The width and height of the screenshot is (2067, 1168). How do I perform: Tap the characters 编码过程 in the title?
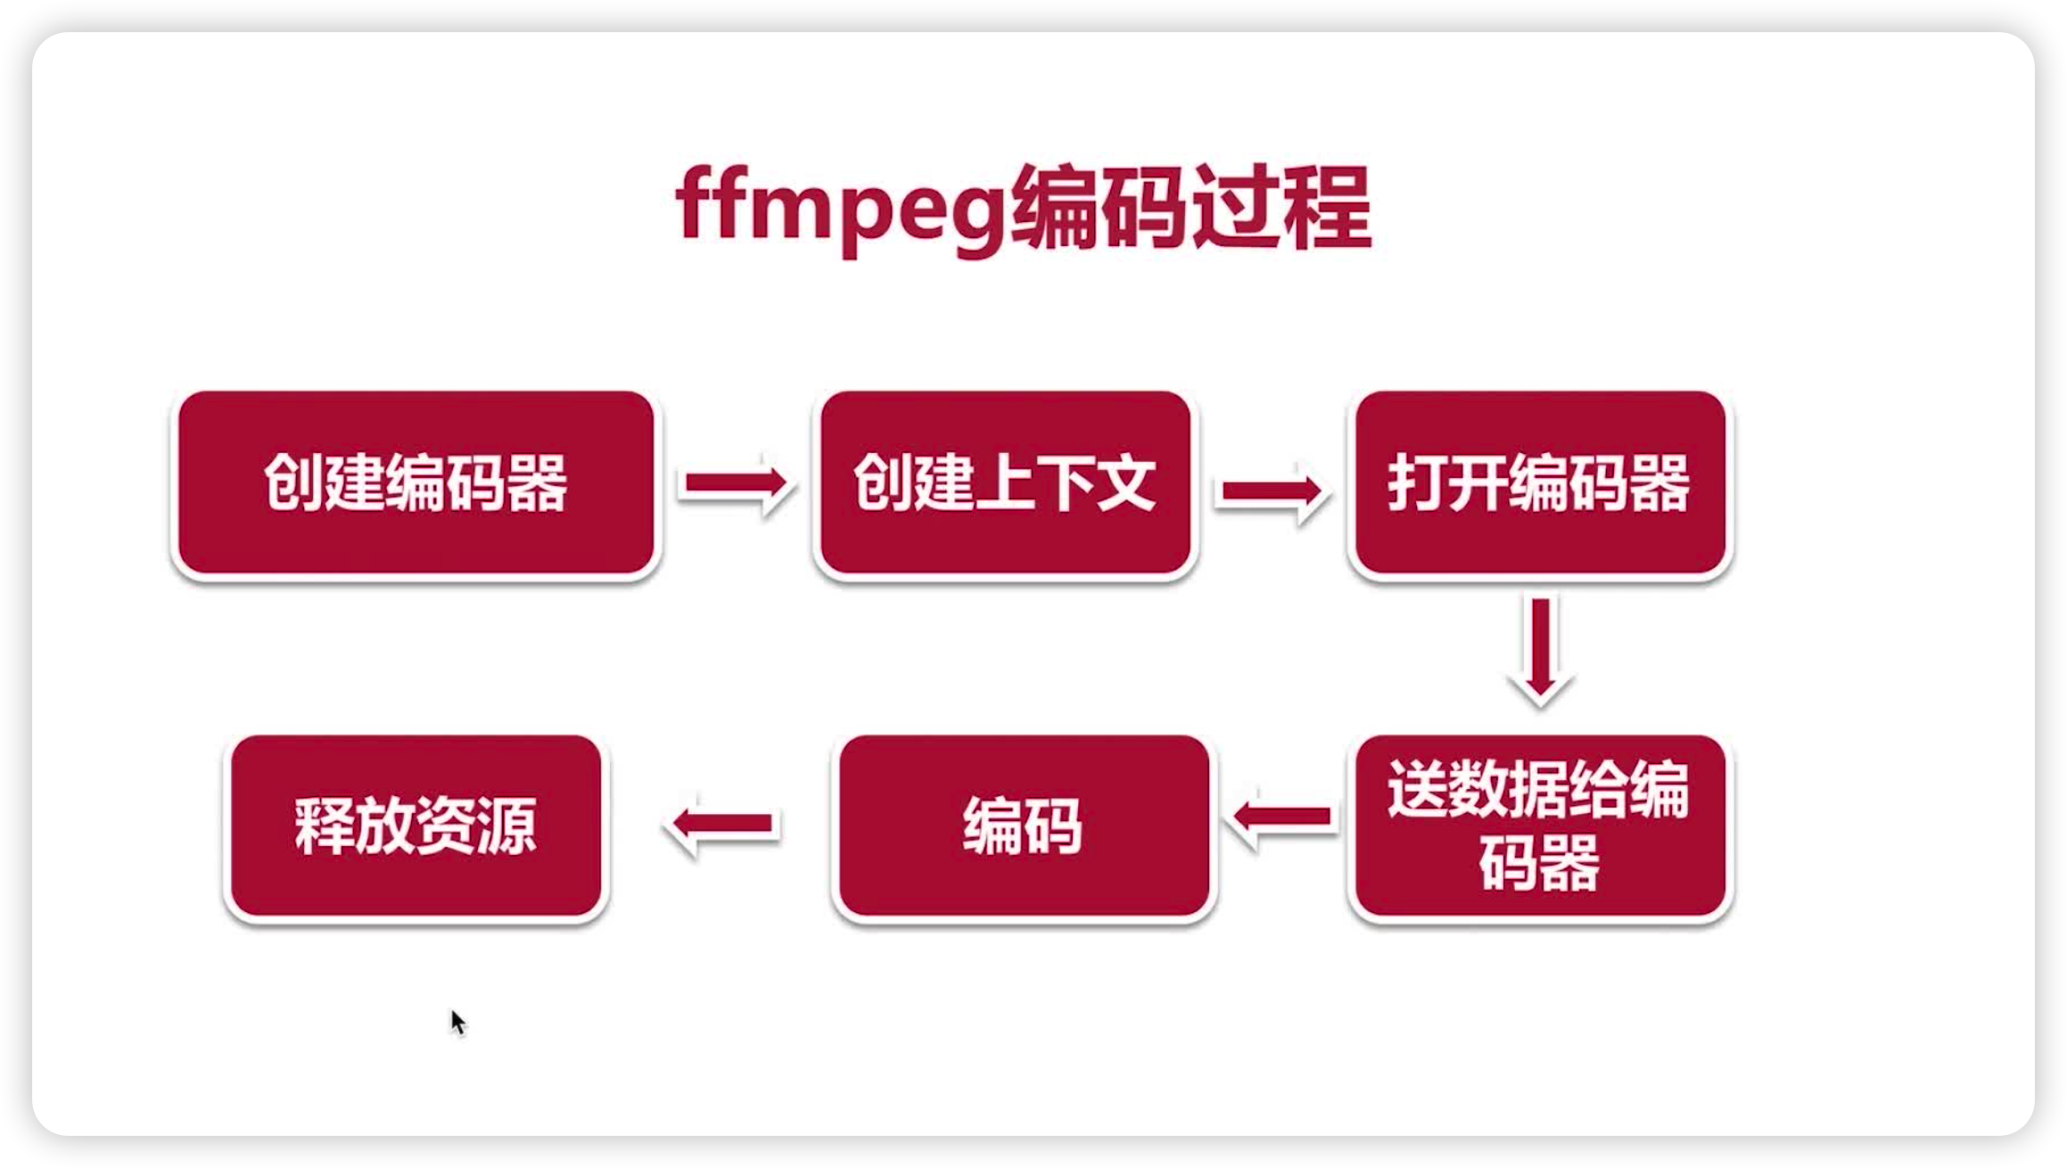1191,209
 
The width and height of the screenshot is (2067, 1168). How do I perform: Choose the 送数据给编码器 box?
1539,826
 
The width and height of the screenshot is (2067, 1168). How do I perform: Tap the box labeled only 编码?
1024,826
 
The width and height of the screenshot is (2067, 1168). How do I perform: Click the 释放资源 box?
416,826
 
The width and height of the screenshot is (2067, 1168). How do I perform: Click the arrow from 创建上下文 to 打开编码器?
1272,490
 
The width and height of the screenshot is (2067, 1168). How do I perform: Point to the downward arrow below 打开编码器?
1541,649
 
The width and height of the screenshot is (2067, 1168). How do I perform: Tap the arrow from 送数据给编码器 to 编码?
1281,817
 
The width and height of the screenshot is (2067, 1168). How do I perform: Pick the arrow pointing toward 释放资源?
722,824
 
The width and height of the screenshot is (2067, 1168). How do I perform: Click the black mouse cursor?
457,1022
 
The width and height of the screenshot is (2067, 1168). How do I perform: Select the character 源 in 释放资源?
507,826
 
